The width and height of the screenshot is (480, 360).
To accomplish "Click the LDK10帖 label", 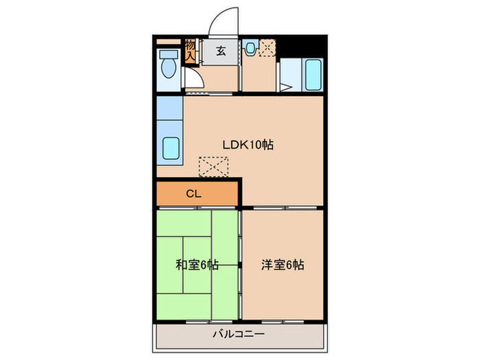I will [x=248, y=145].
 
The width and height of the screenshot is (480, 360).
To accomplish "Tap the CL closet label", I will [x=193, y=193].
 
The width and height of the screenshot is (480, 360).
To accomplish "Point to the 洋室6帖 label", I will [x=283, y=265].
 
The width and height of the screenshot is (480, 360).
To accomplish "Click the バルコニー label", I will [x=238, y=335].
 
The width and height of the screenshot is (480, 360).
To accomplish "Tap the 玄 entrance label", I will [x=221, y=50].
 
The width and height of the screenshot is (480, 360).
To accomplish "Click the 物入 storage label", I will [x=190, y=51].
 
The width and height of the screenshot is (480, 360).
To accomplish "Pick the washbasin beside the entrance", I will [x=250, y=49].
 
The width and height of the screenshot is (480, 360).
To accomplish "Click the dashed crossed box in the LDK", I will [x=213, y=167].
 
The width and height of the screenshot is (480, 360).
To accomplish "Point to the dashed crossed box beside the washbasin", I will [x=267, y=49].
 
